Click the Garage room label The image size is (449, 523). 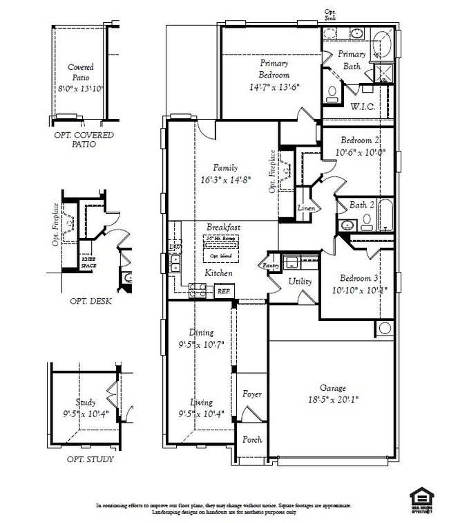click(332, 388)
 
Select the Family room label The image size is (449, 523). click(225, 167)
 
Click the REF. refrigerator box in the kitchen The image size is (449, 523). click(223, 291)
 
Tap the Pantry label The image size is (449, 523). click(269, 265)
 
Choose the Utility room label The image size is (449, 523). click(300, 282)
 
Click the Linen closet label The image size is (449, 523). click(306, 208)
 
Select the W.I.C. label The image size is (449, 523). click(363, 107)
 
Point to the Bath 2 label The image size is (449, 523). click(362, 205)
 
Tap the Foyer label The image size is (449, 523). click(251, 394)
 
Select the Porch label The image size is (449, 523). click(251, 439)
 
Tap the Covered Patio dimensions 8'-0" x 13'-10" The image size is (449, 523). click(80, 89)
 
